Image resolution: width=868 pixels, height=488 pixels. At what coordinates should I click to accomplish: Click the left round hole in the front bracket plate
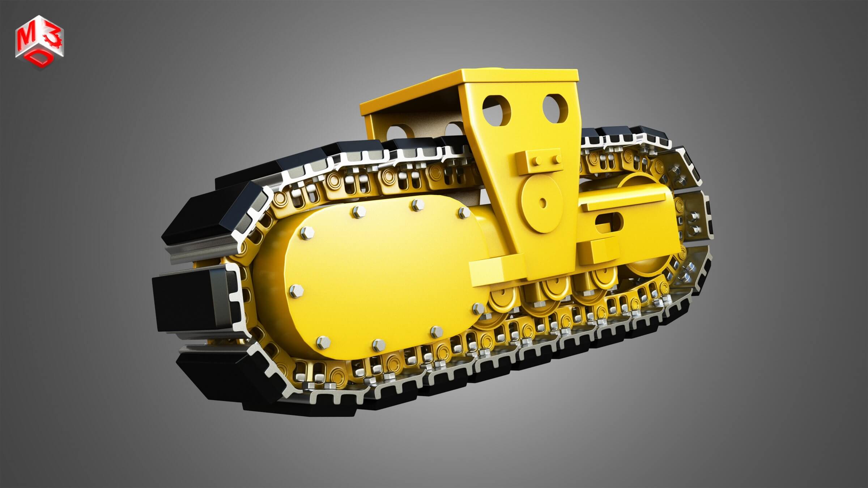[497, 110]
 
